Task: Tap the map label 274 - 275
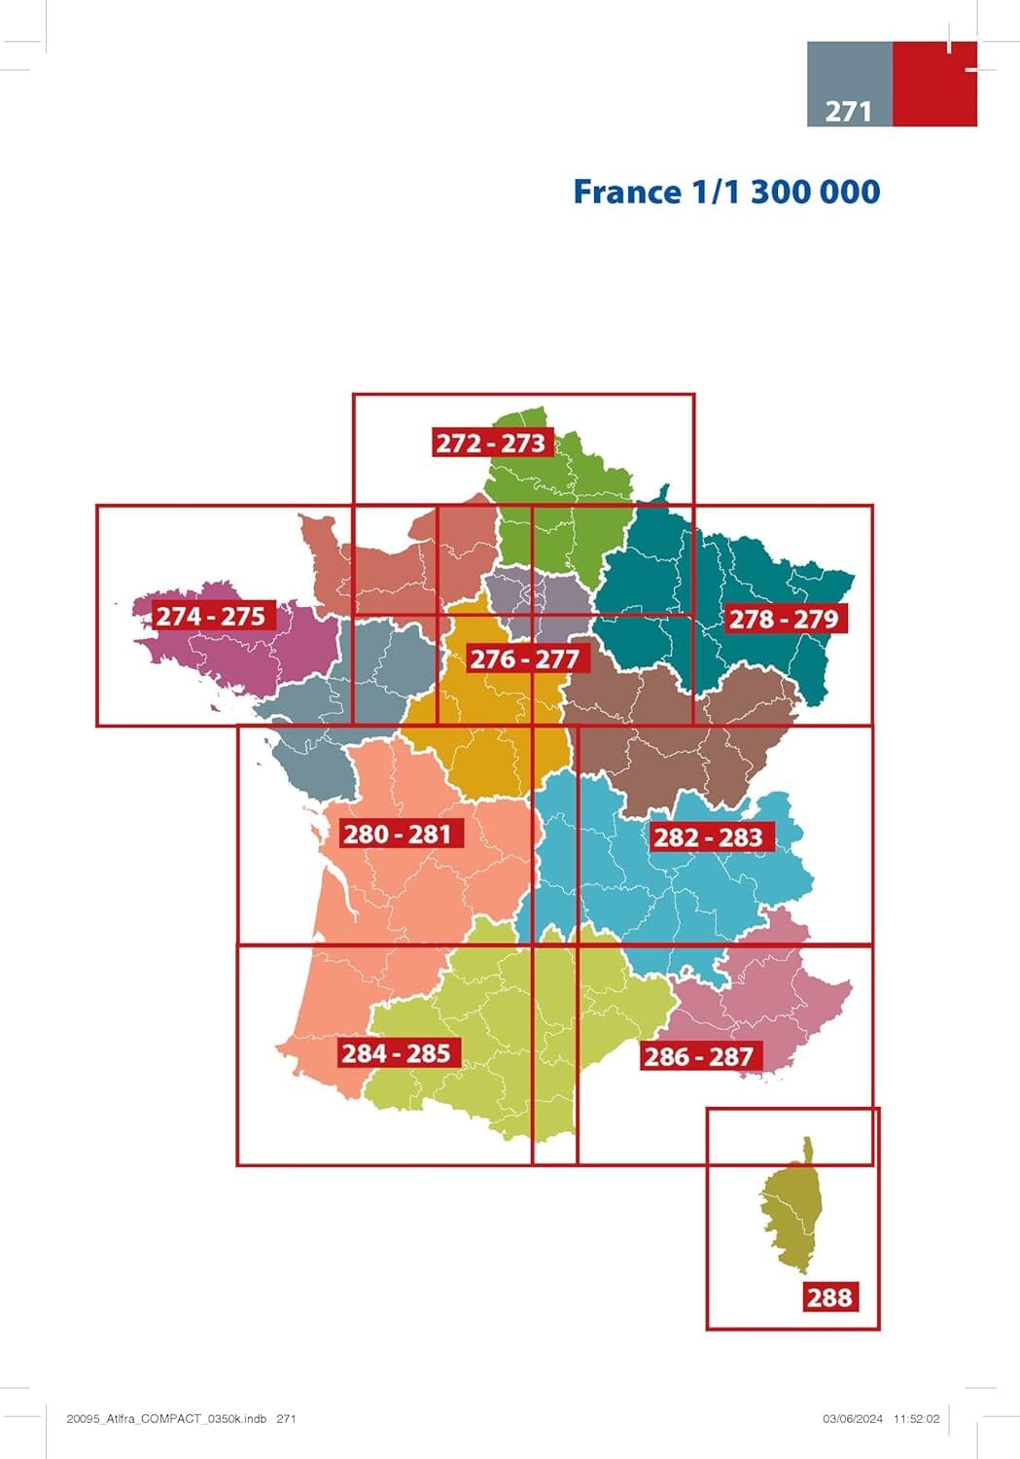click(211, 616)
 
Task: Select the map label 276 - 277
click(524, 658)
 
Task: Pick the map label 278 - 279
click(784, 618)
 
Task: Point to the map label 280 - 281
click(398, 834)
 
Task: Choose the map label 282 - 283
click(708, 836)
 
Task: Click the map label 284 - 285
click(396, 1052)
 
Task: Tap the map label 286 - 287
click(698, 1055)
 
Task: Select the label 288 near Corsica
click(829, 1297)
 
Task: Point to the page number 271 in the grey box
click(848, 111)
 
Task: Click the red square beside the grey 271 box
click(933, 84)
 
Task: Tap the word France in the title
click(627, 192)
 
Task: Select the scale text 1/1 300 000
click(786, 192)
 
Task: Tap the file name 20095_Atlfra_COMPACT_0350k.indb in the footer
click(166, 1419)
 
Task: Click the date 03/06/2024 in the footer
click(853, 1419)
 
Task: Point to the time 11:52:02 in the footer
click(917, 1419)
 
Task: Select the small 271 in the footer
click(286, 1419)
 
